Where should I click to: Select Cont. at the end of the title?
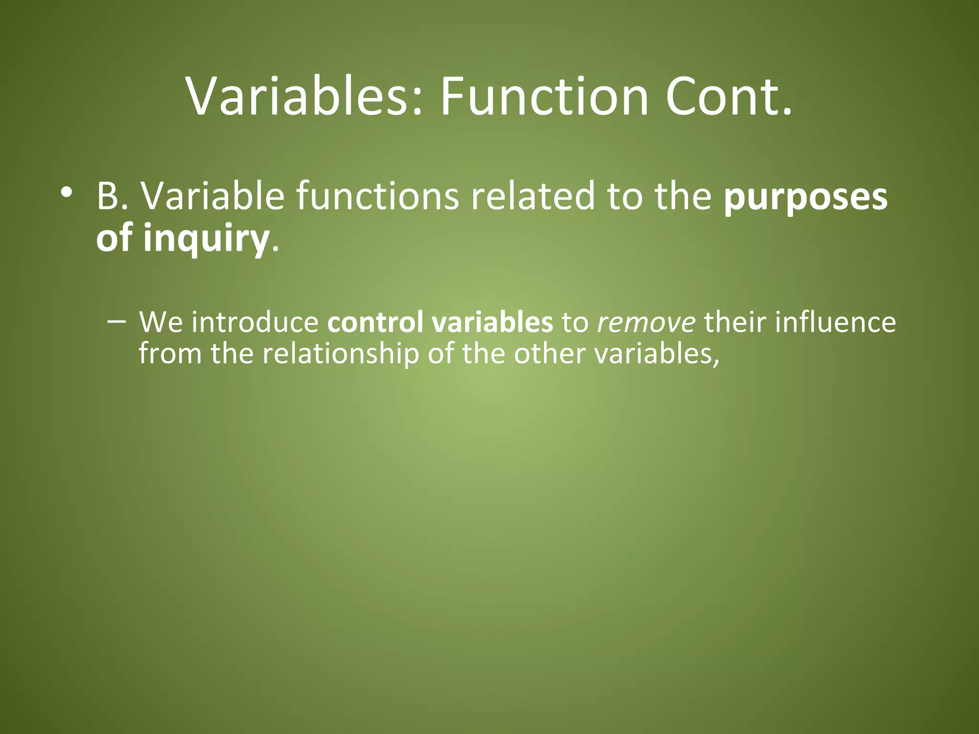(729, 97)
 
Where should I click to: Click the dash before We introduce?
(117, 321)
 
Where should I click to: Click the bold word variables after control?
(492, 322)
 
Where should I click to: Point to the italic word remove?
(646, 323)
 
